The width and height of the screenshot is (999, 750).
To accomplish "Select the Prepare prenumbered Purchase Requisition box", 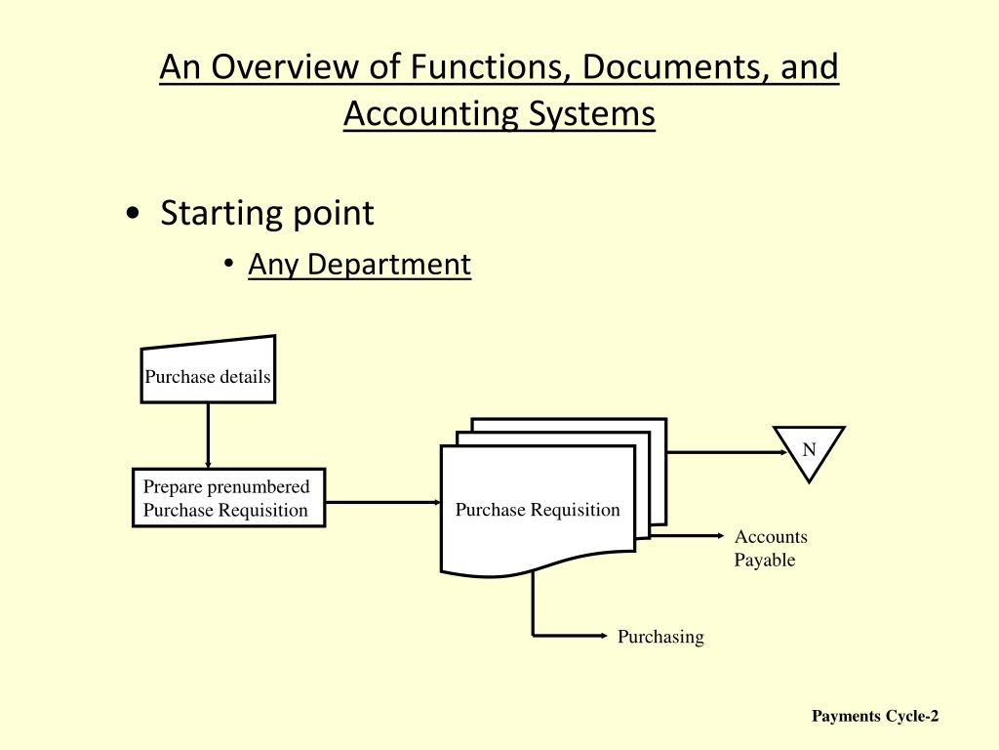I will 228,498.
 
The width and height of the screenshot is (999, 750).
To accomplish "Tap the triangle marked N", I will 809,451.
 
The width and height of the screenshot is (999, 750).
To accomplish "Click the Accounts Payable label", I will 770,548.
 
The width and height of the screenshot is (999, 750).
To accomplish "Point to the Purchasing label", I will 659,637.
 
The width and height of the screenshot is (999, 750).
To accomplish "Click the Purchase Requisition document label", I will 538,510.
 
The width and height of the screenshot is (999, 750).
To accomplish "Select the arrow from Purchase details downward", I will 208,435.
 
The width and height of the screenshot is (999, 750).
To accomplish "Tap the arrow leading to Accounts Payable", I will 688,535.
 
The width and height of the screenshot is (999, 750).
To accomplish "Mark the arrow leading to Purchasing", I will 571,636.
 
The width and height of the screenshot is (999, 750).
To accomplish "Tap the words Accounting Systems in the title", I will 499,114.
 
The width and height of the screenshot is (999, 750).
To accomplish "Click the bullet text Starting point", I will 266,212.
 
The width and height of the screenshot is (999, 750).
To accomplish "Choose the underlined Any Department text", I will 359,264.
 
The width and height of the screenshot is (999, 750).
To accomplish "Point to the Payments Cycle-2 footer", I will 875,717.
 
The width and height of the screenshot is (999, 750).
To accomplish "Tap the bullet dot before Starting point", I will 132,214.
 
